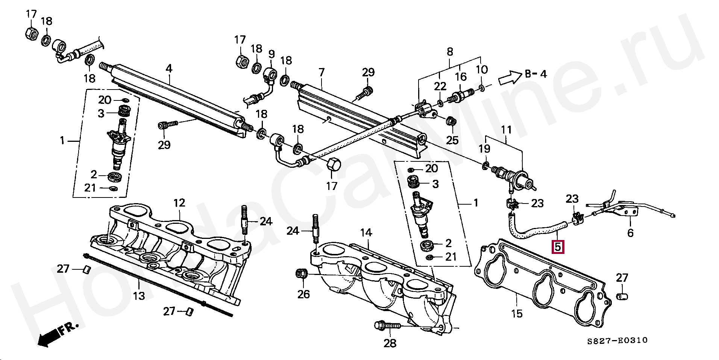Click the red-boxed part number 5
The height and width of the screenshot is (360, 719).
[558, 247]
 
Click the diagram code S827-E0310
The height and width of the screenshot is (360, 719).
[618, 340]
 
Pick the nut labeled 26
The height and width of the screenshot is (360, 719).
[302, 274]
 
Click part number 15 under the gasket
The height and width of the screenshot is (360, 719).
[517, 313]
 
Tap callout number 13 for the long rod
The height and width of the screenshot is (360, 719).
[139, 296]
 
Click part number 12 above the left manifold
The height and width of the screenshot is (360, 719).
[179, 203]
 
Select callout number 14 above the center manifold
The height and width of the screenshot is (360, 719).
[366, 233]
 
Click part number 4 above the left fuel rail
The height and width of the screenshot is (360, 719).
[169, 69]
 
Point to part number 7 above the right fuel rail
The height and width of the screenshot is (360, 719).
[321, 72]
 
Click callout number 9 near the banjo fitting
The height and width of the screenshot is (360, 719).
[271, 54]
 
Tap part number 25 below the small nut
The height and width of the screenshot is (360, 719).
[452, 140]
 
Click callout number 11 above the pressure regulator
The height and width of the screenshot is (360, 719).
[507, 130]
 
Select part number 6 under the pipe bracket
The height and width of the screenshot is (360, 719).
[630, 233]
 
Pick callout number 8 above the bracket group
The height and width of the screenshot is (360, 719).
[450, 52]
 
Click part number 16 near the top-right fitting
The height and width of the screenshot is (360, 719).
[461, 77]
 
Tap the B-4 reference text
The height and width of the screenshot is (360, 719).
[535, 74]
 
